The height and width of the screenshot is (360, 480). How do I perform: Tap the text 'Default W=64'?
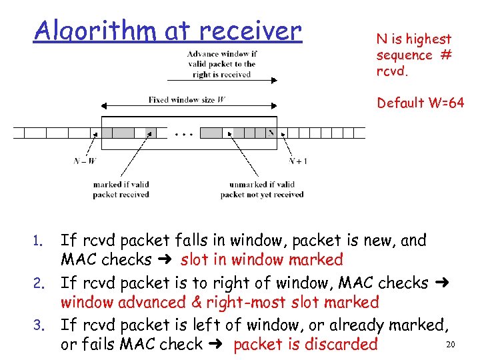pos(420,103)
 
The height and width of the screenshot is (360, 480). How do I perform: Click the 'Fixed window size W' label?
pos(186,100)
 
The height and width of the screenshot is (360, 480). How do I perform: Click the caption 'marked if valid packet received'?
pos(121,189)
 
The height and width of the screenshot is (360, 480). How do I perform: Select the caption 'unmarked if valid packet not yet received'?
pos(261,189)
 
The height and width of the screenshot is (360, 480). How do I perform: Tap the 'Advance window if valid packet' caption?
pos(222,64)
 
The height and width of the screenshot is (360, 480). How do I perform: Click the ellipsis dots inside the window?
pos(184,134)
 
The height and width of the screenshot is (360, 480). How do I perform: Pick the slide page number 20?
pos(449,344)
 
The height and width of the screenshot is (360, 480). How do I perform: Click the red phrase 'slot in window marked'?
pos(261,259)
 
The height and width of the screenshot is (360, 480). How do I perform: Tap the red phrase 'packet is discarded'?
pos(305,345)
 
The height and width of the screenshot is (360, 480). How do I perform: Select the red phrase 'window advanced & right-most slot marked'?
pos(219,302)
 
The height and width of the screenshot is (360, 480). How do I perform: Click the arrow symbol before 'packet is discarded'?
pos(219,345)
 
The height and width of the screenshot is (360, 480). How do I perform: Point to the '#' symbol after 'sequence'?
pos(445,55)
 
